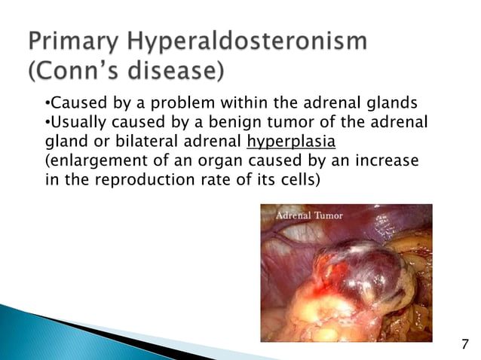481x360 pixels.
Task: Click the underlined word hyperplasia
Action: pos(283,142)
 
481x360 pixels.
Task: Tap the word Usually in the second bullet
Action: pos(75,122)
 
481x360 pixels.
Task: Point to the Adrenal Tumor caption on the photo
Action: pos(309,215)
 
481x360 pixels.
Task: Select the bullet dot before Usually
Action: pos(46,123)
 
